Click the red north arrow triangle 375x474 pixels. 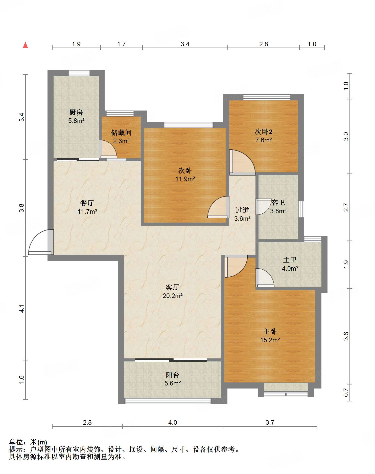tap(25, 45)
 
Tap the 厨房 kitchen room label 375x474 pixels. tap(76, 112)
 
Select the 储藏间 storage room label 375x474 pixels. tap(121, 133)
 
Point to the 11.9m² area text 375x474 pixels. tap(185, 179)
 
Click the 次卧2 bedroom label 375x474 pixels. tap(264, 132)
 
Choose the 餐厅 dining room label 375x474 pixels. tap(87, 203)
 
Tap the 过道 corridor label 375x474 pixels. tap(242, 210)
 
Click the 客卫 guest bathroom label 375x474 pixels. tap(278, 202)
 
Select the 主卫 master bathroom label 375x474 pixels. tap(290, 260)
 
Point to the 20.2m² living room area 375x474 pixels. tap(173, 295)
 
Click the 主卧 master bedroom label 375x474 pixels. tap(270, 331)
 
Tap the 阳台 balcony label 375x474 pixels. tap(173, 375)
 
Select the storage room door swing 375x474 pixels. tap(108, 149)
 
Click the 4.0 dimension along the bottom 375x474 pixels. tap(173, 422)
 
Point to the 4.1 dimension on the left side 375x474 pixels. tap(22, 308)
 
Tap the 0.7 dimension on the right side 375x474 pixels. tap(346, 393)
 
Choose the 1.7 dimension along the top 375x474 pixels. tap(121, 44)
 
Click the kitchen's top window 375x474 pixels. tap(79, 73)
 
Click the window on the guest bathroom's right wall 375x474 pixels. tap(301, 209)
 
